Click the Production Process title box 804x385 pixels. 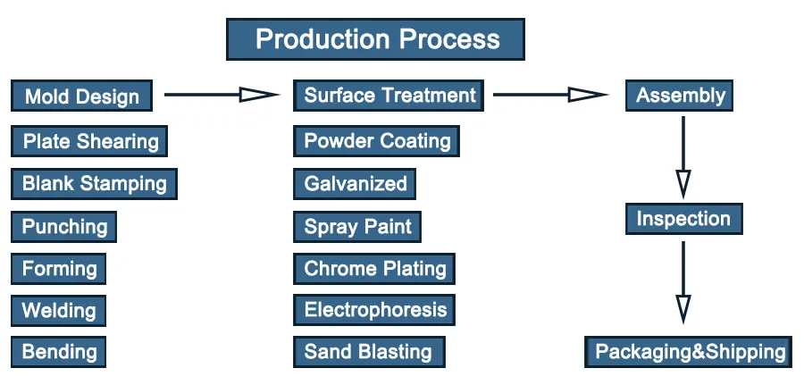[x=375, y=39]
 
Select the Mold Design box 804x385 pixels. [x=81, y=96]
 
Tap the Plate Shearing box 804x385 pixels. [x=89, y=141]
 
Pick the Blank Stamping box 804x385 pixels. [x=94, y=184]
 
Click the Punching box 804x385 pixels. [x=64, y=227]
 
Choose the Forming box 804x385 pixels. [x=59, y=269]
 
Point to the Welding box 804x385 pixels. [x=59, y=311]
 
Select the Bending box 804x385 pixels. [x=59, y=351]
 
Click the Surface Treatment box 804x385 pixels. [x=389, y=96]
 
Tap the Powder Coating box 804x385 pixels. [x=377, y=141]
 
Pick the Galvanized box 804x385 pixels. [x=355, y=184]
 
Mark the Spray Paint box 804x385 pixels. [x=357, y=227]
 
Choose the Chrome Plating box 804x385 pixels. [x=374, y=269]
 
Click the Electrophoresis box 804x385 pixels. [x=374, y=311]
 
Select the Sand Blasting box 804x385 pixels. [x=367, y=351]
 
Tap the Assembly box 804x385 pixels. [x=680, y=96]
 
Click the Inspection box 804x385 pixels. [x=683, y=219]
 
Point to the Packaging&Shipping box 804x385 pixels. [x=690, y=351]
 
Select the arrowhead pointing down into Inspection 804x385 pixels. [x=683, y=184]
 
